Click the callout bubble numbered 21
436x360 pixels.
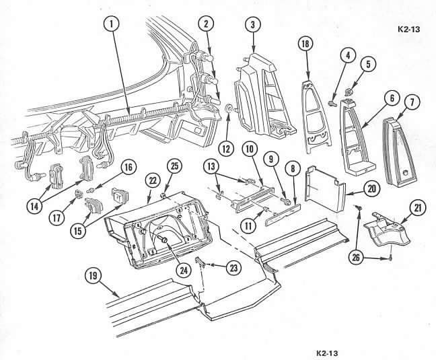(368, 64)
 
